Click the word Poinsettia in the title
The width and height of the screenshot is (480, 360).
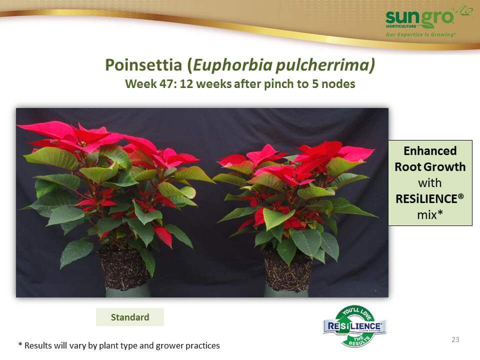point(143,65)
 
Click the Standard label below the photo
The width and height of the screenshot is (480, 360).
point(130,317)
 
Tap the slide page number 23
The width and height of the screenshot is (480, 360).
point(455,339)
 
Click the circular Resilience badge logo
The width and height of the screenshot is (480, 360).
point(355,326)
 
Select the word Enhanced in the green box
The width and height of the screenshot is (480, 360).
point(430,151)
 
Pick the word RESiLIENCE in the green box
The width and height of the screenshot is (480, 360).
point(429,199)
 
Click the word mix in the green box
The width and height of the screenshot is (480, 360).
point(427,215)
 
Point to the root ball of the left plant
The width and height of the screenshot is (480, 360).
point(123,268)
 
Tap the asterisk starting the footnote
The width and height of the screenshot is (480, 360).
point(20,344)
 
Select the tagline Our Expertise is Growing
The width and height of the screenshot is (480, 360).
point(420,34)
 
